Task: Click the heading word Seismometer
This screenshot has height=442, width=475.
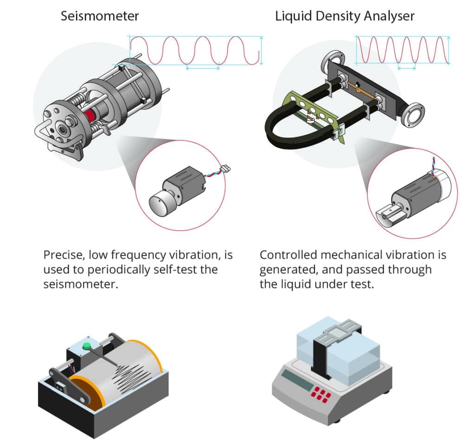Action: point(100,16)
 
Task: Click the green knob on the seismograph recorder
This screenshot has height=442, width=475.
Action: point(87,345)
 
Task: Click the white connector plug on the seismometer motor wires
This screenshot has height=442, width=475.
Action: point(226,168)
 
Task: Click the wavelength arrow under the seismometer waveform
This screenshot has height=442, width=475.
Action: point(203,69)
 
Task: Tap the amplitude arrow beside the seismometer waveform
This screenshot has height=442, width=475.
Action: point(261,50)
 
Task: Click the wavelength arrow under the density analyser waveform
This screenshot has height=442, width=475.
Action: point(406,69)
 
